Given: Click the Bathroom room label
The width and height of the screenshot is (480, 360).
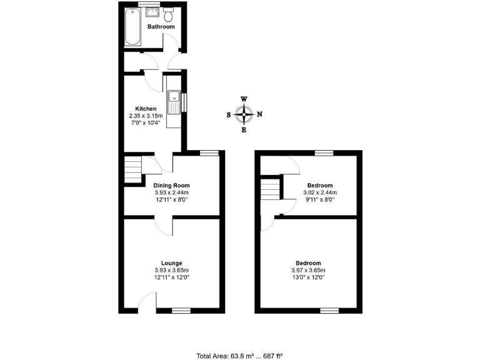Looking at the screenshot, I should click(161, 27).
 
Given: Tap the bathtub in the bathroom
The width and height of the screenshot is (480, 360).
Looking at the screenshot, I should click(132, 27).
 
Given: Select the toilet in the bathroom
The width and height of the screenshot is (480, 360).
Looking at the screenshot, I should click(169, 12).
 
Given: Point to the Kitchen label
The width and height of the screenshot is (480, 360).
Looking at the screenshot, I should click(146, 109).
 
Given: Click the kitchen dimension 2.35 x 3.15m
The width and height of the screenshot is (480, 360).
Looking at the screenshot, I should click(146, 116).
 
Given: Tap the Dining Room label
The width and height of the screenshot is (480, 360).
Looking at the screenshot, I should click(171, 186).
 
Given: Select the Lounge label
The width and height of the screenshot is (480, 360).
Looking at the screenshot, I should click(171, 263).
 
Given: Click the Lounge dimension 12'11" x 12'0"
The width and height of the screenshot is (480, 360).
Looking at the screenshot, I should click(171, 277).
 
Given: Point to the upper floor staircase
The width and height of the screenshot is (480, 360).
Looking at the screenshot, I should click(270, 189).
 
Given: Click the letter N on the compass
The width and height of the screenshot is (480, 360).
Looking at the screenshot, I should click(259, 114).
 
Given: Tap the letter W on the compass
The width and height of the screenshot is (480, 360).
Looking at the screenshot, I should click(244, 99).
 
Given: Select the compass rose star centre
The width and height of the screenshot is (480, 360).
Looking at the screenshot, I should click(244, 114).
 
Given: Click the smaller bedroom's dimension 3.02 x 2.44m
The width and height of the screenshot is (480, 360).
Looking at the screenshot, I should click(320, 192).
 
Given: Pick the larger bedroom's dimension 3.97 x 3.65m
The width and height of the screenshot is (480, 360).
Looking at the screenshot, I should click(309, 270).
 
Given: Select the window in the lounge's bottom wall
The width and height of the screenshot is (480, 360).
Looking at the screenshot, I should click(181, 310).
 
